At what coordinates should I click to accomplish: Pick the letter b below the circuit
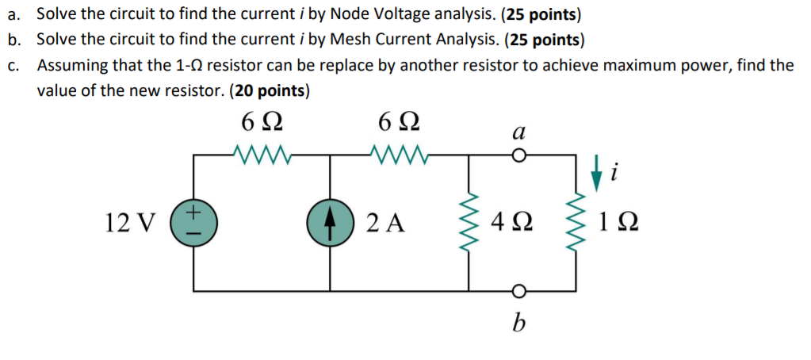[520, 323]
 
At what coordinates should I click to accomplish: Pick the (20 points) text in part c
[269, 90]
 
